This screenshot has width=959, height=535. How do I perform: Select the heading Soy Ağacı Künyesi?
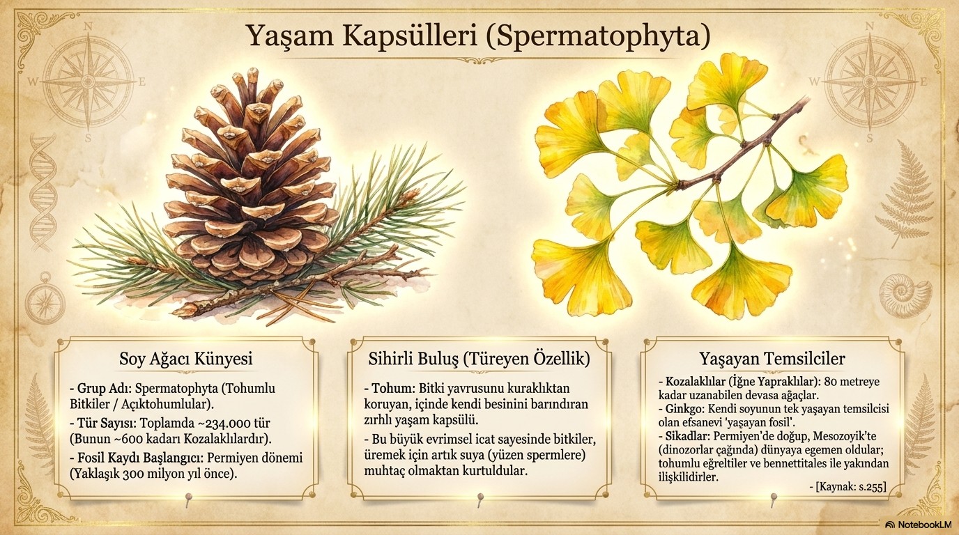click(186, 359)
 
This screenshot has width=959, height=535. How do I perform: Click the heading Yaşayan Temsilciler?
click(772, 359)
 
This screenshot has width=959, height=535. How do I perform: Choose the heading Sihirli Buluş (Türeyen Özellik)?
click(479, 359)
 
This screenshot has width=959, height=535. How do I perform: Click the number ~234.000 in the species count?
click(216, 424)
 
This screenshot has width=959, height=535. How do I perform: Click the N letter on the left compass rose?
click(89, 26)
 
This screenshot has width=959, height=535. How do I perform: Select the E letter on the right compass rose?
click(923, 82)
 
